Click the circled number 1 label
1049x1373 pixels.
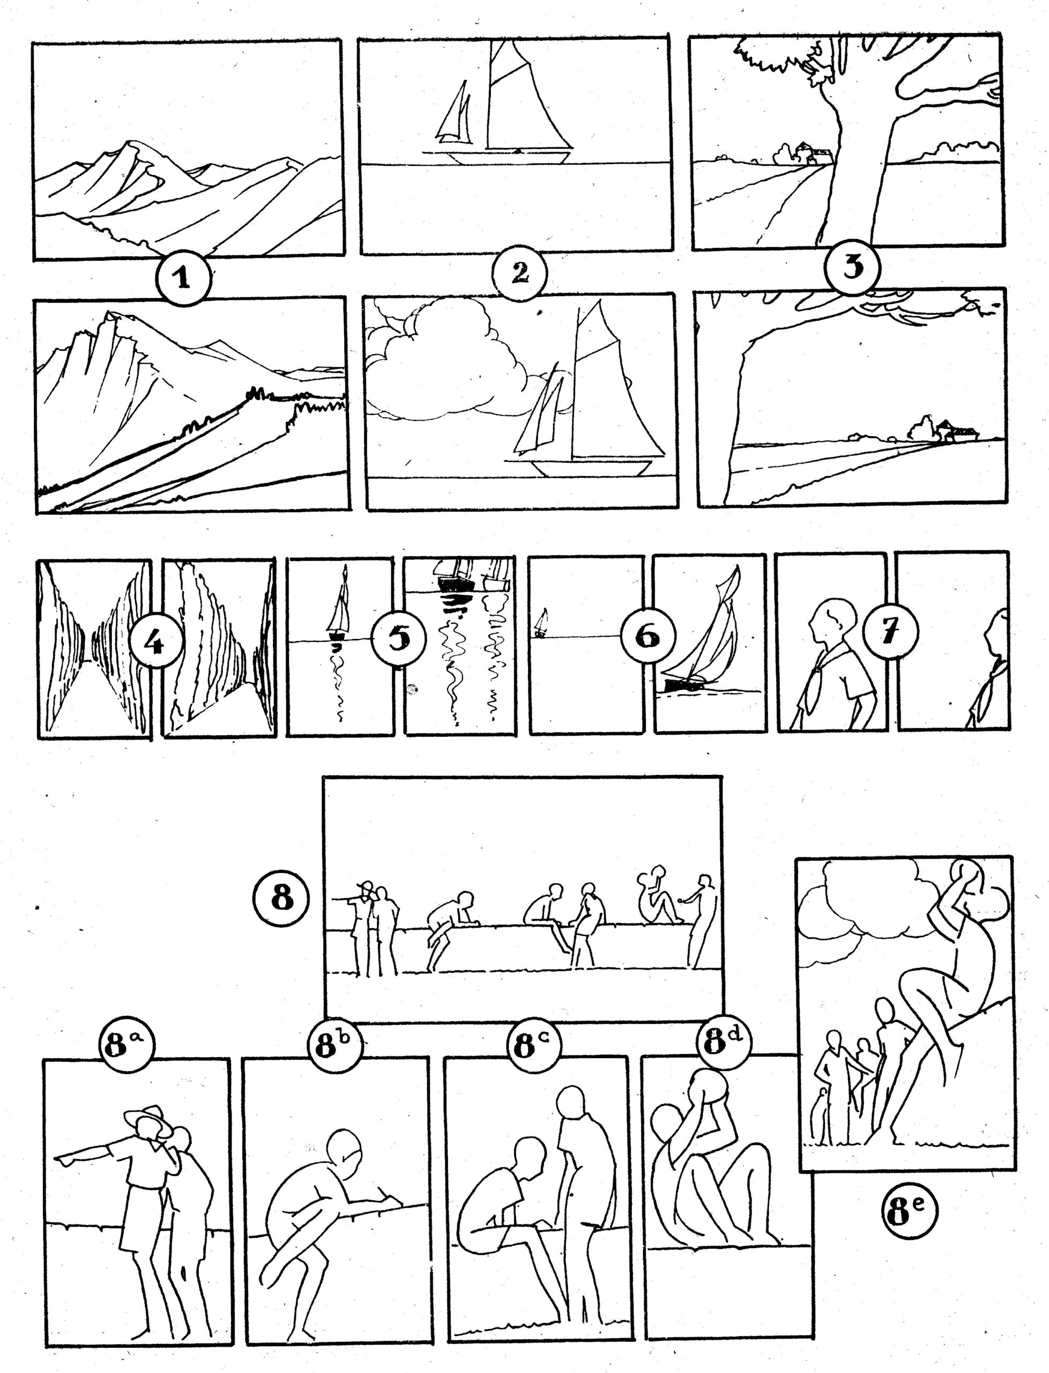pos(182,278)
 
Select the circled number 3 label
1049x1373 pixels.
pos(852,267)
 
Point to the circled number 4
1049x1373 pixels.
pos(156,641)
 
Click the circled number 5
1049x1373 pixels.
pos(398,639)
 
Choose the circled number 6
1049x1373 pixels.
pos(648,637)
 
